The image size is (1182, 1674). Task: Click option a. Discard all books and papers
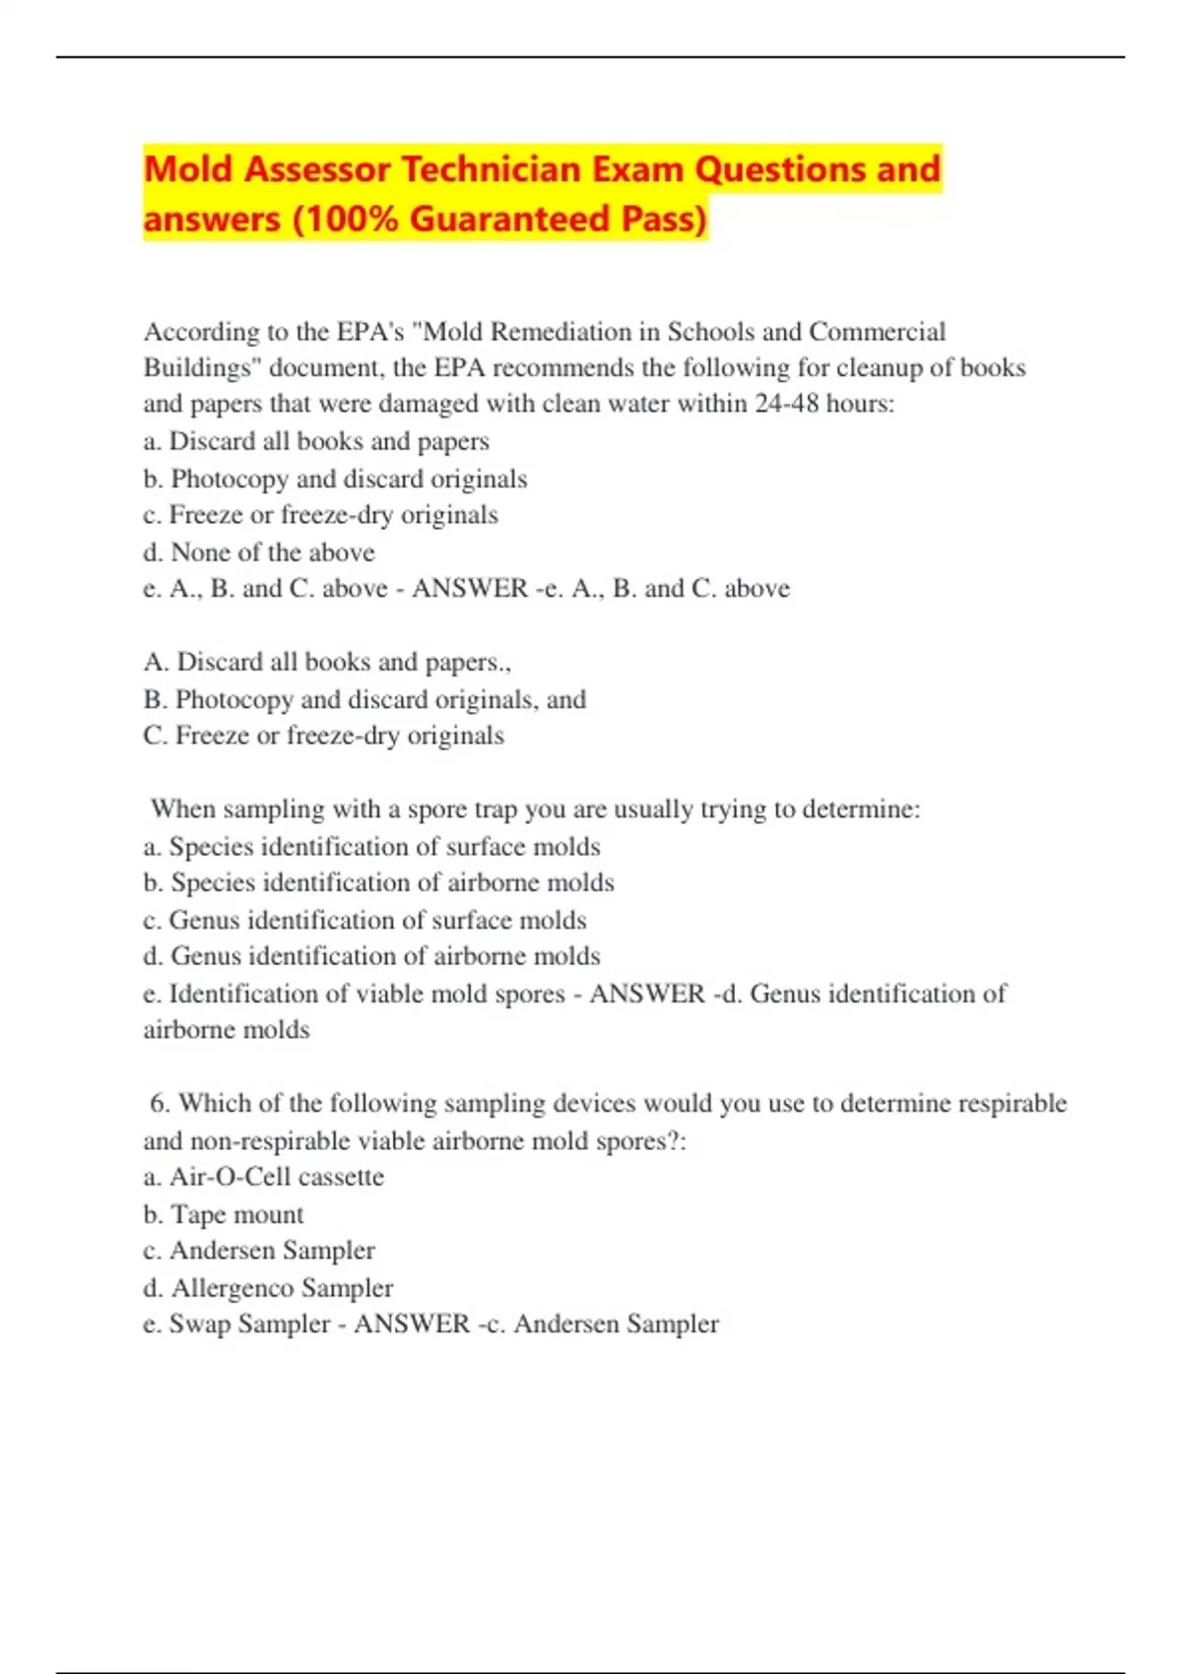click(316, 441)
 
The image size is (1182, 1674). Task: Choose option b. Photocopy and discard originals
click(335, 479)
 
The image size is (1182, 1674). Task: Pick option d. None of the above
click(259, 551)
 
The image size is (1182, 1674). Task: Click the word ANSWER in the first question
click(470, 588)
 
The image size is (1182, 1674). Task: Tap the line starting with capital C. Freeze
click(323, 736)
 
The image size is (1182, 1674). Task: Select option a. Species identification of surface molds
click(371, 847)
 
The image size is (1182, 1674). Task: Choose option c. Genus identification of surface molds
click(364, 920)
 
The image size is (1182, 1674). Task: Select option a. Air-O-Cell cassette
click(263, 1177)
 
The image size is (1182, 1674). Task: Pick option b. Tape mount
click(224, 1214)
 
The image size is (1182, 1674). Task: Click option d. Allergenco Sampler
click(268, 1288)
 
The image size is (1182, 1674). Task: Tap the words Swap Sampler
click(249, 1323)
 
